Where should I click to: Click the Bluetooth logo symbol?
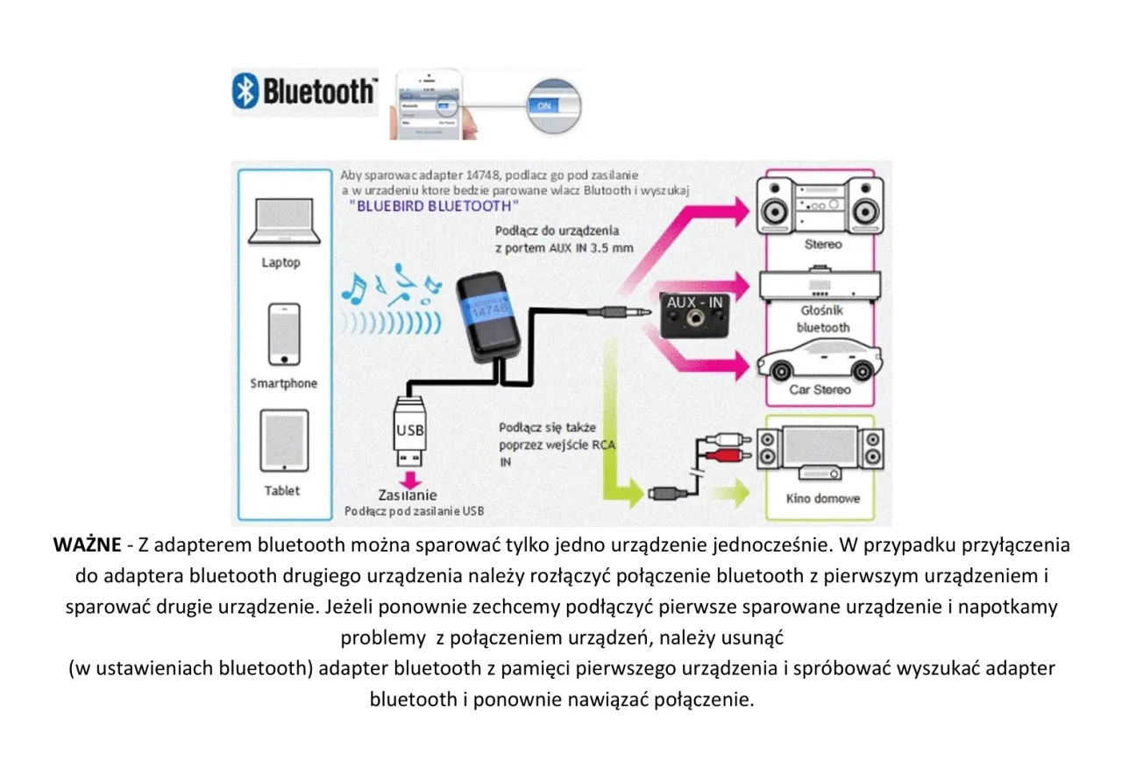(x=246, y=91)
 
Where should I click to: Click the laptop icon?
(x=280, y=221)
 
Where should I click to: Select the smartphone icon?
(x=283, y=334)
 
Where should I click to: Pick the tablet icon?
(x=282, y=441)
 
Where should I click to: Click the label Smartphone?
(x=283, y=383)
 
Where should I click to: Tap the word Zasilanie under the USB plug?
(x=408, y=495)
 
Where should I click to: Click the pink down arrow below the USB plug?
(x=409, y=479)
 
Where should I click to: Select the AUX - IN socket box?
(x=694, y=315)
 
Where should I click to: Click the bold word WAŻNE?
(x=87, y=545)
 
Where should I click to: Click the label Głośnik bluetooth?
(x=822, y=319)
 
